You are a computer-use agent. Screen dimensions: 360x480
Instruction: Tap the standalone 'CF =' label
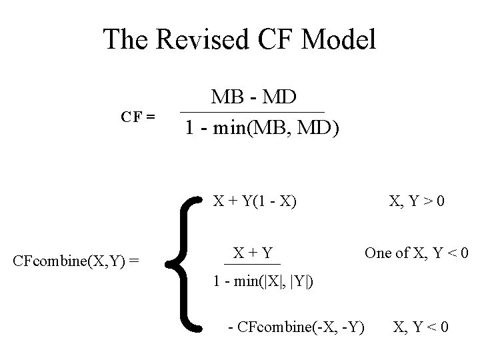coord(138,116)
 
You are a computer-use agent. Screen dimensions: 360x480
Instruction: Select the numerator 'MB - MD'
coord(253,97)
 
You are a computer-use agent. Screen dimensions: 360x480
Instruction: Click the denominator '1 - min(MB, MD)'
coord(261,127)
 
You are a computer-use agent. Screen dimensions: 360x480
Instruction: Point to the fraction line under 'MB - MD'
coord(253,111)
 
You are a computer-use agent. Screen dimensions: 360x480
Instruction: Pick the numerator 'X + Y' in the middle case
coord(253,253)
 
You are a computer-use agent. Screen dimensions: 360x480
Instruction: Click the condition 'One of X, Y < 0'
coord(416,253)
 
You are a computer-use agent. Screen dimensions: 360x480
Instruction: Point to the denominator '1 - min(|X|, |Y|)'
coord(263,281)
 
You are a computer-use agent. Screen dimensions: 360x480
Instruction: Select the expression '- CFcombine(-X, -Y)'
coord(296,327)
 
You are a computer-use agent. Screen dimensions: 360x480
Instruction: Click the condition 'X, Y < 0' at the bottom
coord(421,327)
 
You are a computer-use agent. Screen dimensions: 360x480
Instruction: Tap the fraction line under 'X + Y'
coord(253,265)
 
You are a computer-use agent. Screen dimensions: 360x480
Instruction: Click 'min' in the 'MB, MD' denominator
coord(233,127)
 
